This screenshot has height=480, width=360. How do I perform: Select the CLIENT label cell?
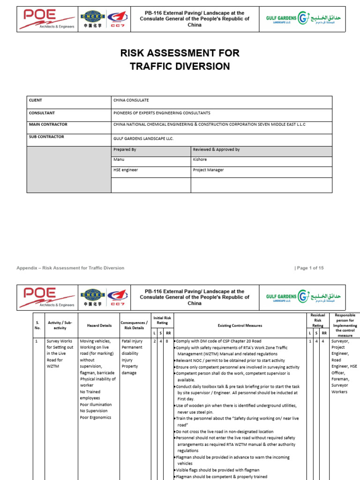coord(36,100)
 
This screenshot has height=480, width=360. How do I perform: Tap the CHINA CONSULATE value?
coord(131,100)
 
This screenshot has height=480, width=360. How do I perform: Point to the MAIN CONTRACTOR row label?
coord(48,125)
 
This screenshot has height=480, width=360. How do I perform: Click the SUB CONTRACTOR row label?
coord(46,137)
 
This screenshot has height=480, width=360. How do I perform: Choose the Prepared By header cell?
coord(125,150)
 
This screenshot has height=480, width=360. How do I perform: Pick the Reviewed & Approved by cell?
coord(216,150)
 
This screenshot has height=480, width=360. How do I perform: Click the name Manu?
coord(119,160)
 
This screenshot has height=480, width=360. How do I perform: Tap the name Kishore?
coord(200,160)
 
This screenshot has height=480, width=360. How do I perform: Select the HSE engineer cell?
coord(126,170)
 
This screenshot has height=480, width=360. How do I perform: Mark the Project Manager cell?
coord(208,170)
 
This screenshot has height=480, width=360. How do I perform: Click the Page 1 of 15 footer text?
coord(309,268)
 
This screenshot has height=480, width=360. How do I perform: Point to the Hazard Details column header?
coord(99,325)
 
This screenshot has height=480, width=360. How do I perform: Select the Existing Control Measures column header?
coord(240,325)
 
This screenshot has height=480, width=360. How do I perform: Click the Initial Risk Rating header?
coord(162,320)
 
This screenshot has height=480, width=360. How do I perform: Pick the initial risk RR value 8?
coord(167,341)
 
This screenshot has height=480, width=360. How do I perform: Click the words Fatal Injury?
coord(133,341)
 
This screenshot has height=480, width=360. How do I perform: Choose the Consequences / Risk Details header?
coord(134,325)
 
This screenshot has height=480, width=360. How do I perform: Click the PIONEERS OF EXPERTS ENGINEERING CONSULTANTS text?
coord(162,113)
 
